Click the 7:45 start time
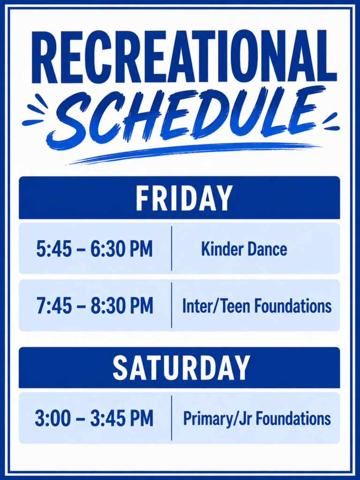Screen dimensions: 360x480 point(55,306)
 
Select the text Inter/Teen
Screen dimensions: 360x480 point(217,306)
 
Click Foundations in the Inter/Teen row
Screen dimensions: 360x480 point(293,306)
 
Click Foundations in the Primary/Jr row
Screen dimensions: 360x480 point(293,419)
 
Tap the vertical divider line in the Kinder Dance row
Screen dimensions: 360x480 point(172,248)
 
